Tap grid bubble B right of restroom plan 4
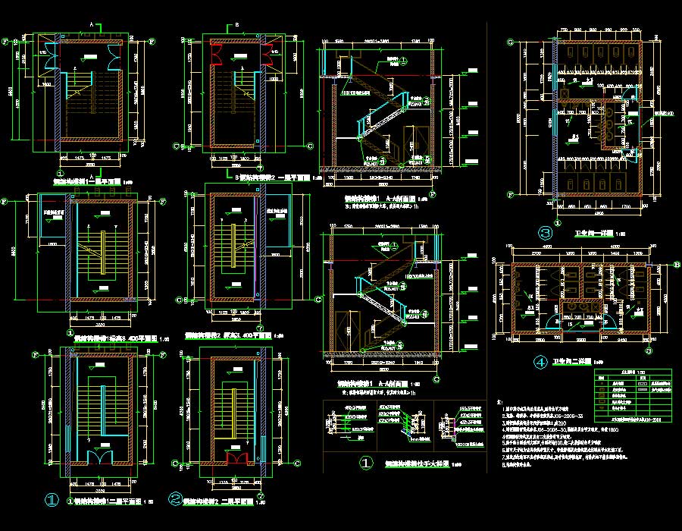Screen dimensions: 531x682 pyautogui.click(x=677, y=264)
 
